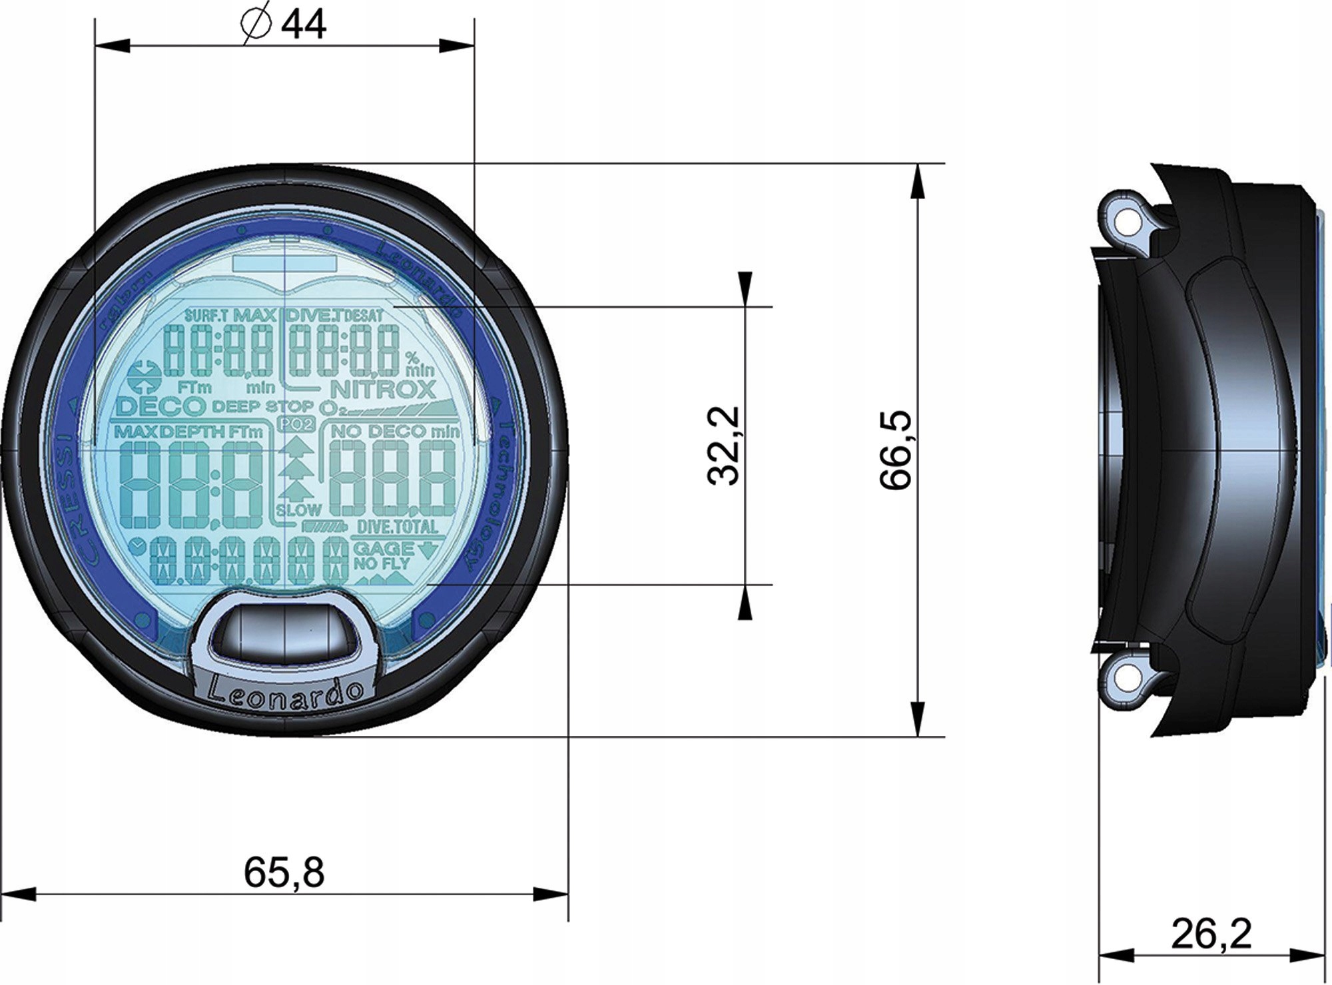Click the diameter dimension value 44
[304, 26]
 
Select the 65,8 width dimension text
[284, 872]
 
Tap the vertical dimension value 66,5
[896, 450]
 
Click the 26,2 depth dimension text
[1211, 934]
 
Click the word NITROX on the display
[382, 390]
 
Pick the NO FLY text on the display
[382, 564]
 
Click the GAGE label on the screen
[384, 549]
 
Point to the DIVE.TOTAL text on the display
[397, 527]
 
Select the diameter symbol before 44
[256, 26]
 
